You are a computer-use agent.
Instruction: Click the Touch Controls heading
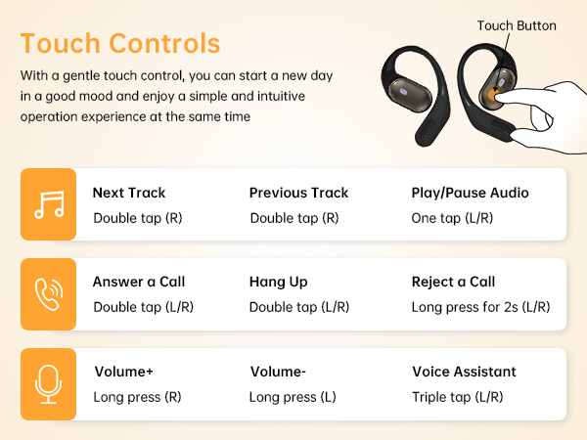tap(119, 44)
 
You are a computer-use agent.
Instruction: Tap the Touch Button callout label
tap(516, 25)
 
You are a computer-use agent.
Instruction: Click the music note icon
tap(48, 204)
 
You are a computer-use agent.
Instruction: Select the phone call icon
tap(48, 294)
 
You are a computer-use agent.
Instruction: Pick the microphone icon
tap(48, 384)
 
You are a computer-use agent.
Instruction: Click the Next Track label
tap(129, 193)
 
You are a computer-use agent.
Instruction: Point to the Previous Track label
tap(298, 193)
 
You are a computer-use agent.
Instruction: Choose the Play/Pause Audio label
tap(470, 193)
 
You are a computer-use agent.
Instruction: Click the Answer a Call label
tap(139, 282)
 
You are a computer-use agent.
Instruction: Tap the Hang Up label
tap(279, 282)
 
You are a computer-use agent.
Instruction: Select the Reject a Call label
tap(453, 282)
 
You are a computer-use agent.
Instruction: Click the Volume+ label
tap(124, 372)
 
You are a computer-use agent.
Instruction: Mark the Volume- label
tap(278, 372)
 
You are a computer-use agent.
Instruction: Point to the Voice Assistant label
tap(464, 372)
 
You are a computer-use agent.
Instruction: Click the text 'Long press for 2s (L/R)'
tap(480, 307)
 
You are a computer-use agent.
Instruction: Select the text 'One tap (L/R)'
tap(451, 218)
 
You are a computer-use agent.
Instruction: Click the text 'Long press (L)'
tap(293, 397)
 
